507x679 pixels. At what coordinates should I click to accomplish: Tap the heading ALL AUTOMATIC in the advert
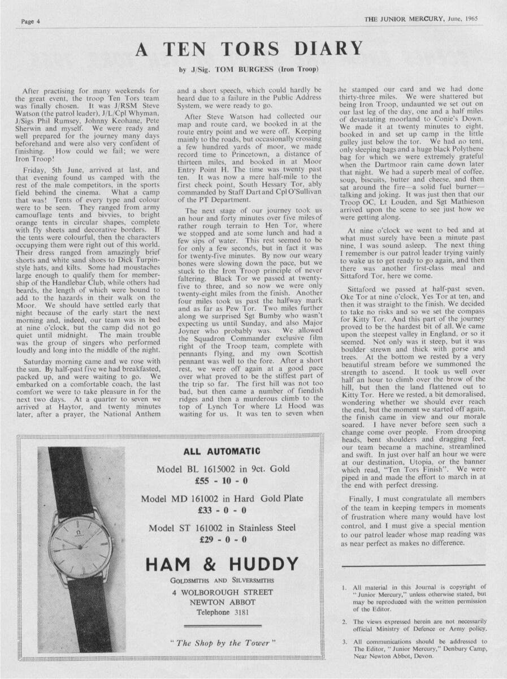222,452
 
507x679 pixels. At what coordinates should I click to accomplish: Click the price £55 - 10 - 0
222,482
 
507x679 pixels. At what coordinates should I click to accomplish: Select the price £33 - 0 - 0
222,510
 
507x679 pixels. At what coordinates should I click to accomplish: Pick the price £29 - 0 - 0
223,539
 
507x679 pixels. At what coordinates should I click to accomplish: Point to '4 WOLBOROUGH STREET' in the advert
222,592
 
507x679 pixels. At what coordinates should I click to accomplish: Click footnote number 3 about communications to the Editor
344,642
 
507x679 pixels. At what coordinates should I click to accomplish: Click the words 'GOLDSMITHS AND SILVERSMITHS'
222,581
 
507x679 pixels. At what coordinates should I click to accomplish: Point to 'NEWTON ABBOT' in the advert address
222,602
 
